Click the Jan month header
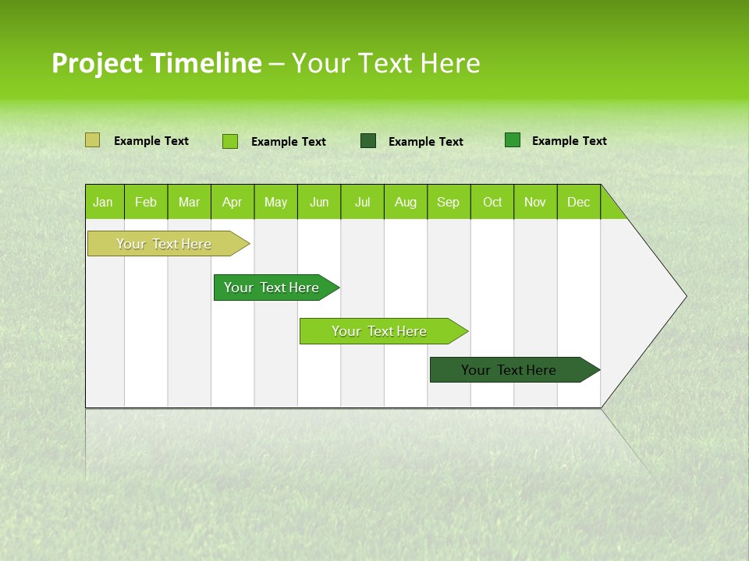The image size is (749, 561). (103, 202)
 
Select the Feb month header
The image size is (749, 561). (146, 202)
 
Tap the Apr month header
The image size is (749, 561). (232, 202)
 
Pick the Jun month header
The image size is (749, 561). (319, 202)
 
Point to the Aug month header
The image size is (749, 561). (405, 202)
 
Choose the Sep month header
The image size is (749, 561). (448, 202)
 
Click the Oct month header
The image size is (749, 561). (492, 202)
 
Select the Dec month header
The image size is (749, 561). (578, 202)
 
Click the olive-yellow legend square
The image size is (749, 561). (92, 140)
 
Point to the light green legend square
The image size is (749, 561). (230, 141)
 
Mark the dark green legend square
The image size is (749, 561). (368, 141)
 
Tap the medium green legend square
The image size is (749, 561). (513, 140)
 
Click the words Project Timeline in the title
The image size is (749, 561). (156, 63)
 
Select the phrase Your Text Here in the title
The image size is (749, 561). (385, 63)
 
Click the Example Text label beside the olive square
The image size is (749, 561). (151, 141)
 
